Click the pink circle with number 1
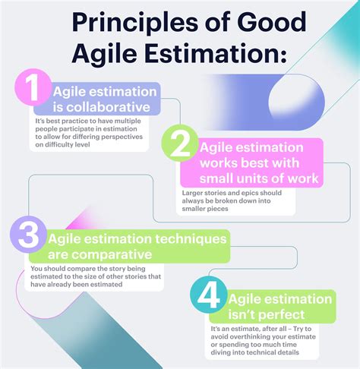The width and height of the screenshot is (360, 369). (x=33, y=87)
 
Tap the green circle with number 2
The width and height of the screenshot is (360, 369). (x=180, y=143)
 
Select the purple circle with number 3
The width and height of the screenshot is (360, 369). (x=28, y=235)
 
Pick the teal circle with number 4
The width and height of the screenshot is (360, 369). (x=208, y=295)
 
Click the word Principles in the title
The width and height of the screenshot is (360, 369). (x=135, y=24)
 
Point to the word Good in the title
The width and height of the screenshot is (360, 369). (x=272, y=22)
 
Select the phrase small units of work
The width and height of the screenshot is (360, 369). (x=259, y=178)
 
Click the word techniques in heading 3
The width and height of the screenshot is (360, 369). (x=191, y=239)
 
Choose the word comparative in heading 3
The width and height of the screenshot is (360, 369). (x=112, y=254)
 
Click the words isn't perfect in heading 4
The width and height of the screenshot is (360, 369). (x=267, y=314)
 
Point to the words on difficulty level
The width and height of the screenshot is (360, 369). (x=62, y=145)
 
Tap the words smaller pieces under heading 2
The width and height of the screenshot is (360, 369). (x=205, y=209)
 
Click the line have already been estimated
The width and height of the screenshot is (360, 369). (x=77, y=285)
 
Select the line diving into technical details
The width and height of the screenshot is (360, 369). (x=254, y=352)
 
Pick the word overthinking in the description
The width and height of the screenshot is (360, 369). (x=247, y=337)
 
